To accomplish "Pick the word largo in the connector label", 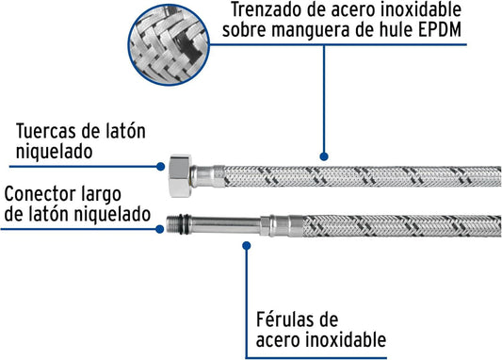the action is coord(101,196).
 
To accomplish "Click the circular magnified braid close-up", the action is coord(169,45).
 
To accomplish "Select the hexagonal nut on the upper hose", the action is coord(180,176).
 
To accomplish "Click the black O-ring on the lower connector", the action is coord(183,224).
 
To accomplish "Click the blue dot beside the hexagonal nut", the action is coord(161,167).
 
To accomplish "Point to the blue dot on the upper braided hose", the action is coord(324,156).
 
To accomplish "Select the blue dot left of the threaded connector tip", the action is coord(160,229).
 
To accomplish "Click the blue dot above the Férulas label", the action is coord(247,246).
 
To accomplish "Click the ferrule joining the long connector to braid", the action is coord(282,226).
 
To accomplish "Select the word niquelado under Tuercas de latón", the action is coord(54,152).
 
